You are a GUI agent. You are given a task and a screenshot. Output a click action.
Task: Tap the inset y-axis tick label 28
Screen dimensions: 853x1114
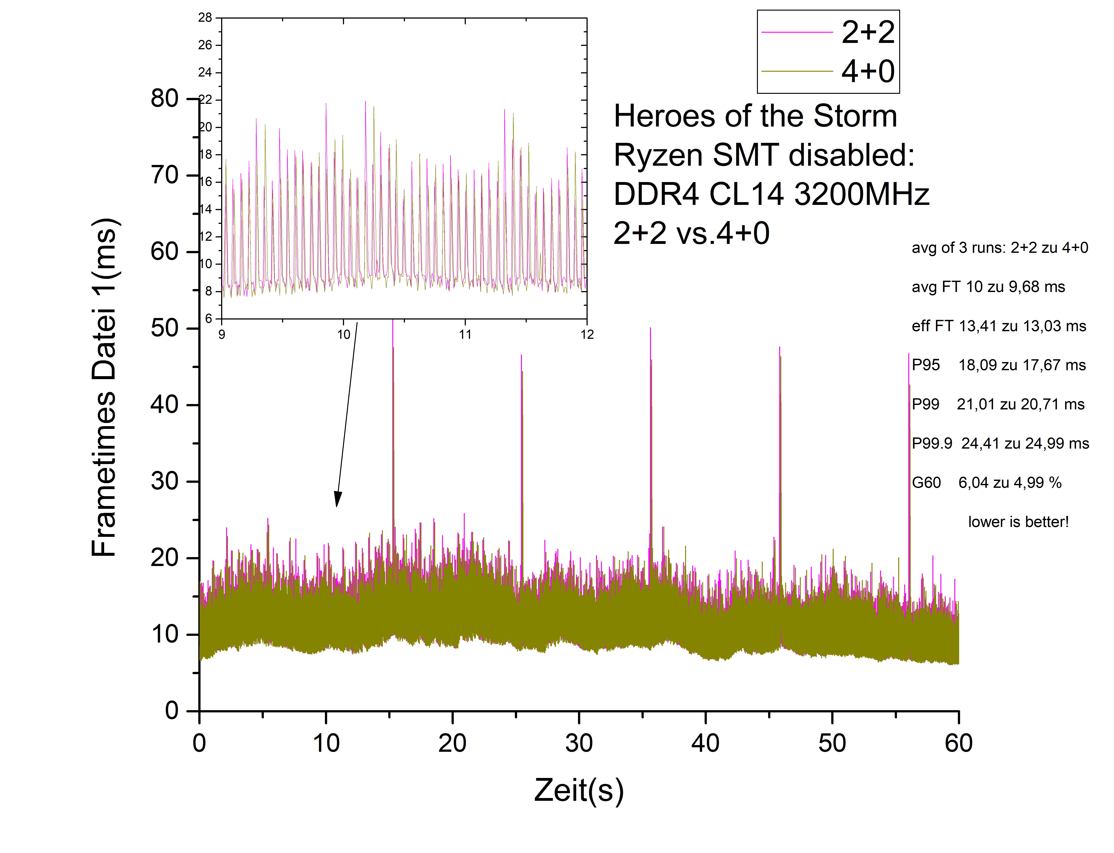tap(205, 18)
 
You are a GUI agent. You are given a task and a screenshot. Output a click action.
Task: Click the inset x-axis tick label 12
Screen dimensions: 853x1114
tap(587, 335)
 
